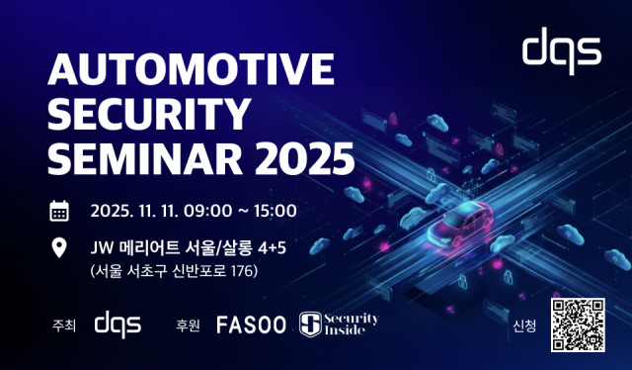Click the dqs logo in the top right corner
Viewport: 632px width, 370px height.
tap(561, 49)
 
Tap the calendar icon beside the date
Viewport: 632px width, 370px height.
tap(59, 210)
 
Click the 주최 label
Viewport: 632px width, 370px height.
tap(62, 324)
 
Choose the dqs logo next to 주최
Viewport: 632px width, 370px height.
tap(118, 323)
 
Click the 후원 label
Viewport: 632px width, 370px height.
tap(188, 324)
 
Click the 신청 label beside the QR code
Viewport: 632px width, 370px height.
tap(524, 324)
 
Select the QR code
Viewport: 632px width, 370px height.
tap(576, 322)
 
